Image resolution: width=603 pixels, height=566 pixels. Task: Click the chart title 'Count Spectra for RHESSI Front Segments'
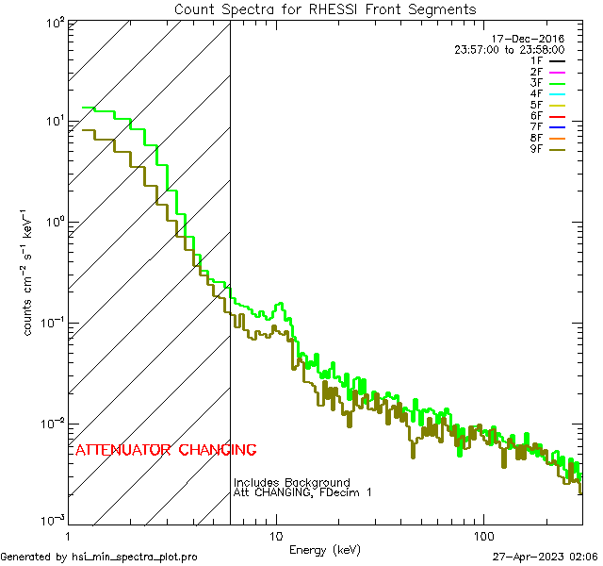325,9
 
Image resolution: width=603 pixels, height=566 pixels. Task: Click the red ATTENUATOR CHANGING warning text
166,450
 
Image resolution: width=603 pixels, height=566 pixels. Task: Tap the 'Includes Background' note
292,483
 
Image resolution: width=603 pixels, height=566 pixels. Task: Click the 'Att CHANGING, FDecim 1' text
302,492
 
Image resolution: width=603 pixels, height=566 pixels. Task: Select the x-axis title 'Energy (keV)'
324,550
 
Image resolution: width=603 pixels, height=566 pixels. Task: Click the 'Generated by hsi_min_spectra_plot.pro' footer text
99,557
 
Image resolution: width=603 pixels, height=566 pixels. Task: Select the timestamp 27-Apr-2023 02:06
546,557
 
